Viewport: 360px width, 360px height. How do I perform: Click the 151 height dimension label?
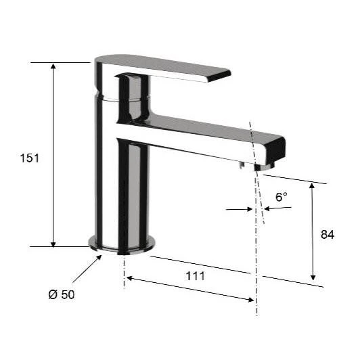tap(30, 158)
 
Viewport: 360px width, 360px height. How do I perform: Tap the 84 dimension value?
tap(328, 234)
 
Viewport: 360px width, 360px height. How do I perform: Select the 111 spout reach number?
tap(195, 276)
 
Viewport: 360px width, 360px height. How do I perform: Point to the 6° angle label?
tap(282, 197)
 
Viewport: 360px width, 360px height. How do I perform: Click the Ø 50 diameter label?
tap(62, 294)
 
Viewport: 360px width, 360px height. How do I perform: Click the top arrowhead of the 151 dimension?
tap(53, 66)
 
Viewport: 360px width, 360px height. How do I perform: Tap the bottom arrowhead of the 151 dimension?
tap(53, 244)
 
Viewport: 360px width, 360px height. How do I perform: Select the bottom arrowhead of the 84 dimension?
tap(313, 277)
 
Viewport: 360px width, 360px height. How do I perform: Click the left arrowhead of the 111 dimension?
tap(129, 278)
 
